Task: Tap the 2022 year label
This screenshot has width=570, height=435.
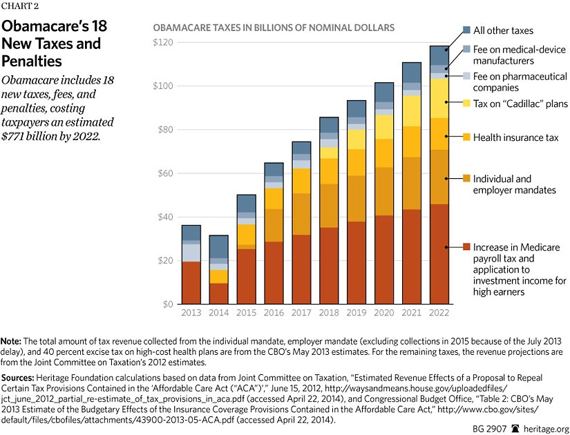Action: click(439, 312)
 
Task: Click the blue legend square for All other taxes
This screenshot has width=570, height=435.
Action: click(466, 30)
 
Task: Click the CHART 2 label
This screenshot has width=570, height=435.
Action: click(21, 8)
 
